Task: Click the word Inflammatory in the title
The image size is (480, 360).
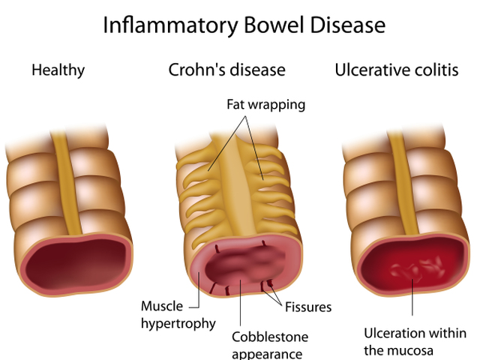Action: [170, 25]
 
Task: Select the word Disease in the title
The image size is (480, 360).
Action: [347, 25]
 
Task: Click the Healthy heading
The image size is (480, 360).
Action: [58, 70]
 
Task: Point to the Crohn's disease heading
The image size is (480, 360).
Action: [226, 70]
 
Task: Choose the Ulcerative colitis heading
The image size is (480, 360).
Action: [397, 70]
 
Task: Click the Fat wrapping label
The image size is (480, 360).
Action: [265, 105]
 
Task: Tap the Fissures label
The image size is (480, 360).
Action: [308, 307]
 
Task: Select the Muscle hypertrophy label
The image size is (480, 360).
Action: [178, 315]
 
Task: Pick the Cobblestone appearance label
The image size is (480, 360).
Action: [270, 345]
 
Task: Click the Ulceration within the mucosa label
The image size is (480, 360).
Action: [415, 342]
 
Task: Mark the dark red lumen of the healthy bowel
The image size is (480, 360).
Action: [76, 264]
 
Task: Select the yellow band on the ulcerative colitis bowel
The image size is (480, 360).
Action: [403, 184]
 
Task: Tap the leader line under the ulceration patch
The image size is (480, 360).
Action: [412, 297]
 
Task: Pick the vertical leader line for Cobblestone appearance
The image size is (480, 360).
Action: [240, 302]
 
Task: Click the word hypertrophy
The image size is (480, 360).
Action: [178, 324]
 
